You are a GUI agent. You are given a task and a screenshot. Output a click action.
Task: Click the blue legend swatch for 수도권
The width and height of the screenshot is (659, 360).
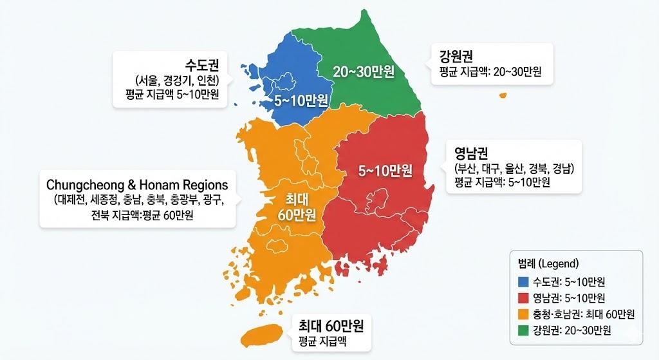click(523, 281)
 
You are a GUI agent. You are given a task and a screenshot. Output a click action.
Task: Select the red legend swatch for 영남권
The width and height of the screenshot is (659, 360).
click(523, 298)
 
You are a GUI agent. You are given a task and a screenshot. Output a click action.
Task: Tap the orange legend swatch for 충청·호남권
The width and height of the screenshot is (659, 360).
click(523, 314)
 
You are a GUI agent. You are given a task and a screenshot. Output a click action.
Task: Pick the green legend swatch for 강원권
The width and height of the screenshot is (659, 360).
click(523, 330)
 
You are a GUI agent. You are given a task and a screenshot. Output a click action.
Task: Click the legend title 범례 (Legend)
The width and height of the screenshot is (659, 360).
click(548, 264)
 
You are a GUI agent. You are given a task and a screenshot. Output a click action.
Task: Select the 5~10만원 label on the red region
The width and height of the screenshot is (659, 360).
click(385, 171)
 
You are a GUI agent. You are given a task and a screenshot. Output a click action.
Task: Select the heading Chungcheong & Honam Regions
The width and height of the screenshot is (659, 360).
click(137, 185)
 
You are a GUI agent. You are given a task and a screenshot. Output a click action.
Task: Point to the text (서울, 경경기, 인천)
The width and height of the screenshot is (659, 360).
click(178, 81)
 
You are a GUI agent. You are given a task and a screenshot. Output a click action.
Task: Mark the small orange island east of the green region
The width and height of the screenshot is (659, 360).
click(503, 96)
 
